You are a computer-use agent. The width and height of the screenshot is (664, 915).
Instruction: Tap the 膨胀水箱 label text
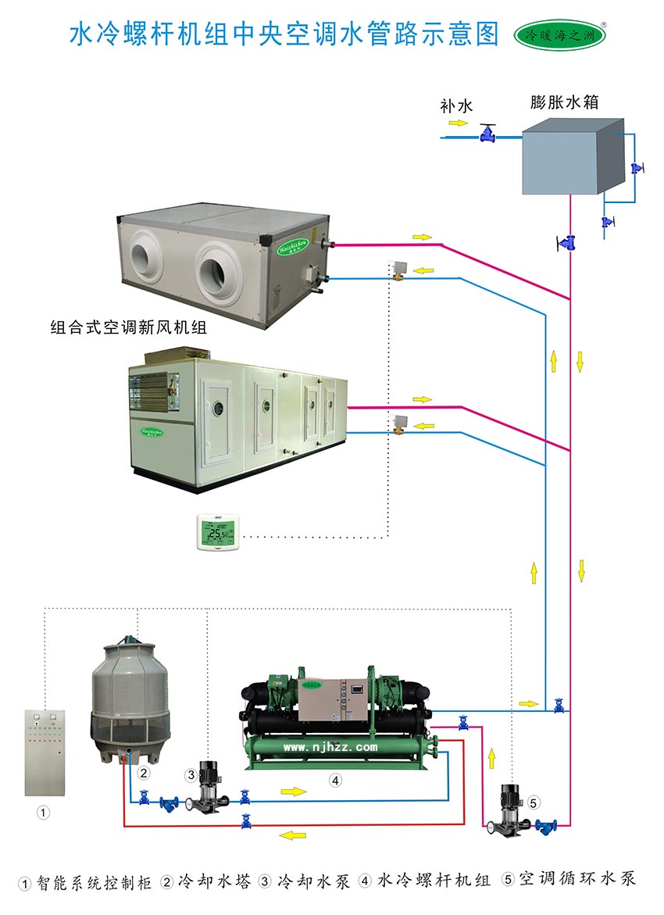click(564, 102)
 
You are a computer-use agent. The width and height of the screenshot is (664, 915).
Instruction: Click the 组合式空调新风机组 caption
click(128, 328)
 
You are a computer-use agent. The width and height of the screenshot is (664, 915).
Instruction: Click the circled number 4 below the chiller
click(334, 780)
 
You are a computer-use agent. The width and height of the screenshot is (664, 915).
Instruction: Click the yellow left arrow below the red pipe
click(293, 836)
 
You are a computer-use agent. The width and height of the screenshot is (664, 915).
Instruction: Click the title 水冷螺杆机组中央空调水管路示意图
click(284, 34)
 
